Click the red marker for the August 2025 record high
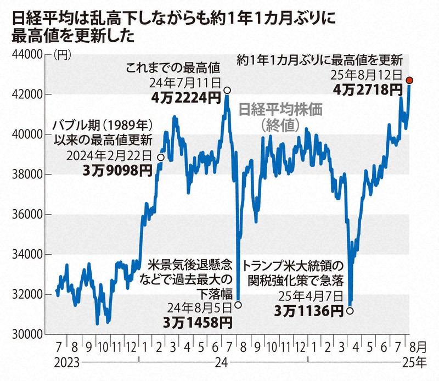409,80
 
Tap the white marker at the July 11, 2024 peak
227,90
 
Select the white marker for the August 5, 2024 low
238,304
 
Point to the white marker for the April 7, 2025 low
350,311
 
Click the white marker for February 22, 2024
160,157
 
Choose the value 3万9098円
117,170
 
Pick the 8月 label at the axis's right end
418,348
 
